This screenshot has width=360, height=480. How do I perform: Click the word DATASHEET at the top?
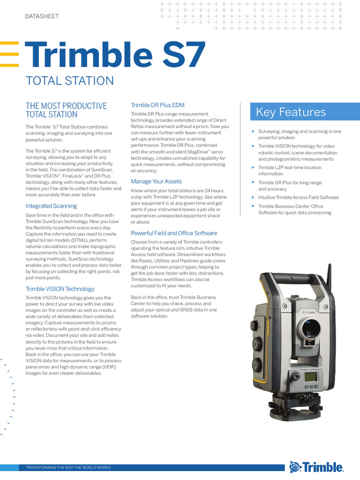pos(42,16)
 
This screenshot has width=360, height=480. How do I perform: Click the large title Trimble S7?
pos(115,55)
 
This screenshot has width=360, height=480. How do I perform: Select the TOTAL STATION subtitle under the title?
pos(70,81)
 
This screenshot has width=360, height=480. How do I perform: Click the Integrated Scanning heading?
pos(51,206)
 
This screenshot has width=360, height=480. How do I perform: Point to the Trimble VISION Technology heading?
pos(60,289)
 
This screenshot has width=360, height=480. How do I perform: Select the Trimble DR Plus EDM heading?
pos(157,105)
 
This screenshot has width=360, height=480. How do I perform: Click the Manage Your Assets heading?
pos(156,181)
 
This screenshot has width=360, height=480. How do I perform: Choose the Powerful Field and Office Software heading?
pos(174,233)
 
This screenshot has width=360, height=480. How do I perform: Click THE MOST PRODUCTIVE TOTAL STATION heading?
pos(66,110)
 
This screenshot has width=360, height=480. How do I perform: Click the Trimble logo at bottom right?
pos(316,467)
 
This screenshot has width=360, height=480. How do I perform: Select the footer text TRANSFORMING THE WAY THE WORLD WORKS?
pos(68,468)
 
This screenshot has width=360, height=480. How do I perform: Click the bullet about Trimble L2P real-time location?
pos(290,171)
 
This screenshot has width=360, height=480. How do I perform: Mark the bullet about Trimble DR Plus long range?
pos(290,186)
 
